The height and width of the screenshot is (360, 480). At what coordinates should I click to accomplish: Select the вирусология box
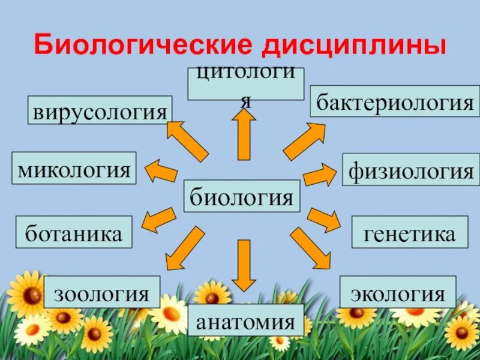pyautogui.click(x=100, y=110)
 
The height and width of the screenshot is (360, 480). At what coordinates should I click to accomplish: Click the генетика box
pyautogui.click(x=409, y=232)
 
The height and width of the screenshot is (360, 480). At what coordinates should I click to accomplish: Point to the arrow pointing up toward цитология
pyautogui.click(x=244, y=135)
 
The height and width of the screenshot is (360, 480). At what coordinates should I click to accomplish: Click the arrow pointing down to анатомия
pyautogui.click(x=244, y=265)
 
